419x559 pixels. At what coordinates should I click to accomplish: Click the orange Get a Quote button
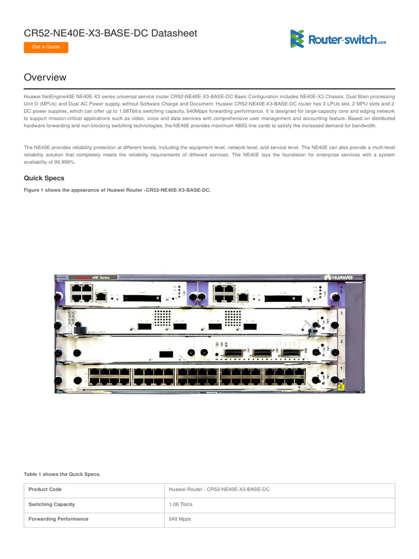tap(46, 47)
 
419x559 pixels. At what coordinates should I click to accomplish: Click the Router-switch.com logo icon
tap(297, 38)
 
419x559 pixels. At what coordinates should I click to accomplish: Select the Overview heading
tap(45, 78)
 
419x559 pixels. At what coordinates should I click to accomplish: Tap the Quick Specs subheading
tap(44, 178)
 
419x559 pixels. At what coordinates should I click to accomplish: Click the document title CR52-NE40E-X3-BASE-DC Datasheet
tap(111, 33)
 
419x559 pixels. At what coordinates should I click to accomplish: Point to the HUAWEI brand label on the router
tap(338, 277)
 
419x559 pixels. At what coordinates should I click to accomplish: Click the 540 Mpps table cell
tap(180, 519)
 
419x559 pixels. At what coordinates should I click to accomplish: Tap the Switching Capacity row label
tap(52, 504)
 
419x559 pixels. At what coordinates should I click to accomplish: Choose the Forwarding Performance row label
tap(58, 519)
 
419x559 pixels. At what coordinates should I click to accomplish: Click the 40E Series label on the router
tap(104, 277)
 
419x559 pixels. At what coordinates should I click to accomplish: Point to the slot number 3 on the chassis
tap(342, 313)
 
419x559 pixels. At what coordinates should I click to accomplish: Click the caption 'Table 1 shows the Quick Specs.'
tap(62, 474)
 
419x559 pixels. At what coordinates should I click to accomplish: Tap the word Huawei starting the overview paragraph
tap(32, 96)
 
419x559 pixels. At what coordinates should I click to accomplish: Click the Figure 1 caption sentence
tap(117, 190)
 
